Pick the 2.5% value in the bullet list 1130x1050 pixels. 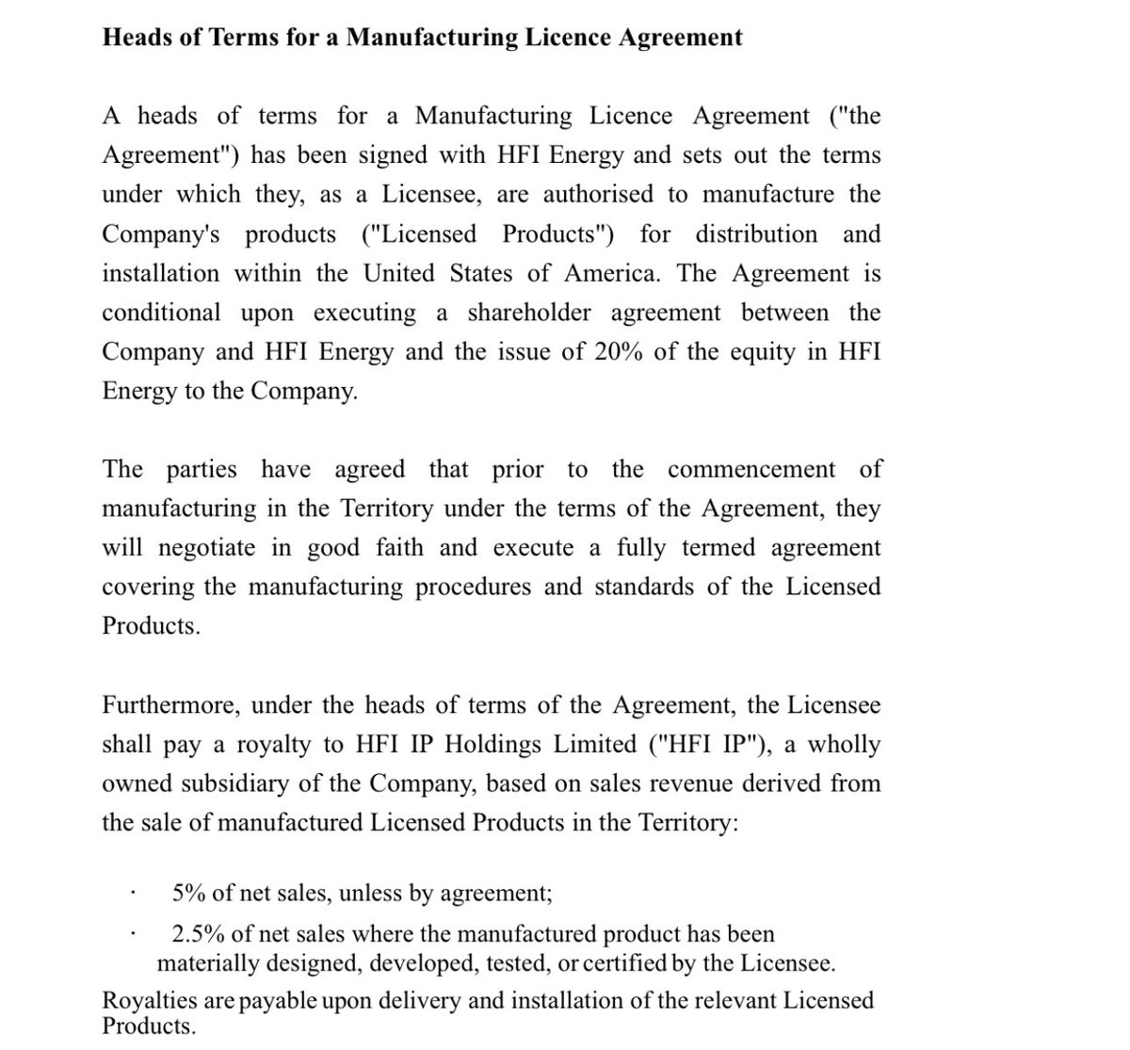[x=197, y=934]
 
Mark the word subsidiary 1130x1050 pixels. [x=284, y=783]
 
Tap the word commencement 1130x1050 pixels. [x=751, y=470]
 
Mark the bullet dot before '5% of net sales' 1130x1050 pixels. [x=135, y=893]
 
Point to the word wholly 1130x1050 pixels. [x=844, y=745]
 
